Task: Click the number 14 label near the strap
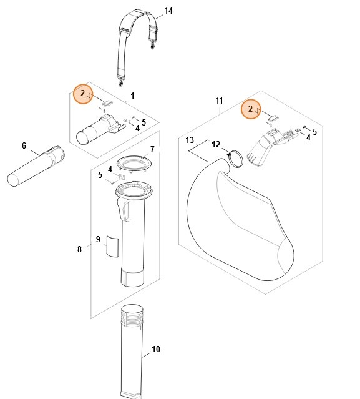coord(168,11)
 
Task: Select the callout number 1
coord(132,96)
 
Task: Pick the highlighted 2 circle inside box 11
coord(251,109)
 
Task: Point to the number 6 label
coord(24,146)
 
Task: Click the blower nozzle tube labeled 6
coord(34,166)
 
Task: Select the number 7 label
coord(152,150)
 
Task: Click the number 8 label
coord(79,249)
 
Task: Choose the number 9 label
coord(98,239)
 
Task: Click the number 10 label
coord(156,349)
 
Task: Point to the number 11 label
coord(218,101)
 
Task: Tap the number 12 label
coord(216,145)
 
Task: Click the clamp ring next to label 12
coord(236,159)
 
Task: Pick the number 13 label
coord(190,139)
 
